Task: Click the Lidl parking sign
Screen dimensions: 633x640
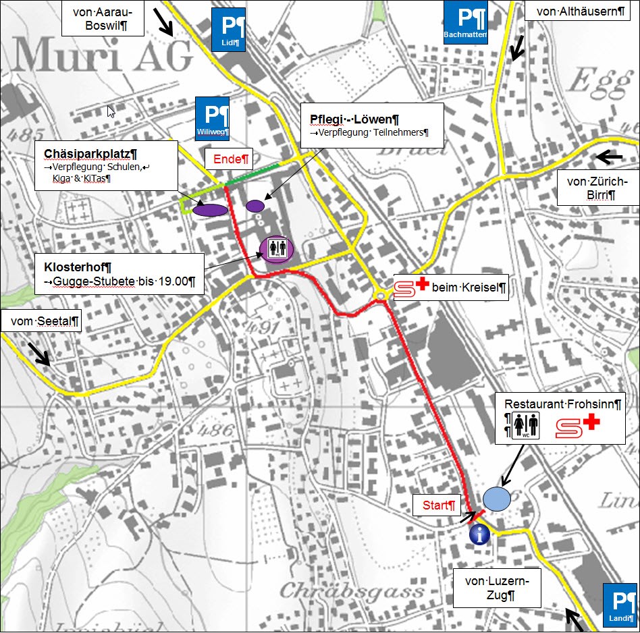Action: [x=228, y=30]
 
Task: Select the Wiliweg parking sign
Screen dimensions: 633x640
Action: [x=212, y=118]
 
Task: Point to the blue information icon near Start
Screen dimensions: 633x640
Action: [x=479, y=534]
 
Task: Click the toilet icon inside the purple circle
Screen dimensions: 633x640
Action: [x=277, y=249]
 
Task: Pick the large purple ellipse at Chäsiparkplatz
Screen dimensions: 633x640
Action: [x=210, y=210]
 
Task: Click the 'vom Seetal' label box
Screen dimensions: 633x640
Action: [x=41, y=322]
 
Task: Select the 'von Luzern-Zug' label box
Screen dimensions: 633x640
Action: [x=497, y=588]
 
